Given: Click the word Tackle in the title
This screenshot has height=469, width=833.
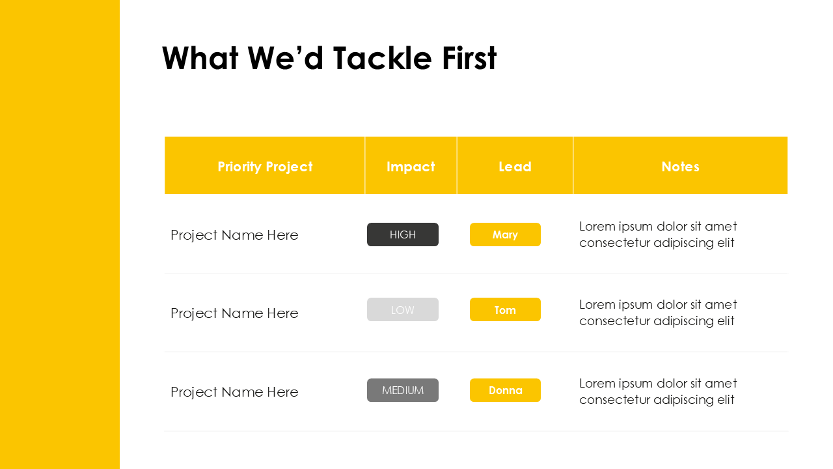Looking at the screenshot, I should [382, 59].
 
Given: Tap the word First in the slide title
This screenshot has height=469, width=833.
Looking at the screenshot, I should [469, 59].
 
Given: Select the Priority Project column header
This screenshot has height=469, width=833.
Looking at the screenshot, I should [265, 167].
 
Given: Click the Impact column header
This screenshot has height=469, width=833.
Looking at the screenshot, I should [411, 167].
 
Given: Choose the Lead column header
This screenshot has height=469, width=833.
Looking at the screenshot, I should [515, 167].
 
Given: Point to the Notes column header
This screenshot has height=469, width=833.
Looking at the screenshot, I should [680, 167].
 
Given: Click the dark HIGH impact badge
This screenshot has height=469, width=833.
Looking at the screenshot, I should [403, 234].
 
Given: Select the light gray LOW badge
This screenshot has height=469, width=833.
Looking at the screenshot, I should [403, 310].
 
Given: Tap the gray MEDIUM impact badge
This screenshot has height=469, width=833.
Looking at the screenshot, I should [403, 390].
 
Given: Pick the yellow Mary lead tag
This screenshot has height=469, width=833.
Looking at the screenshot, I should [505, 234].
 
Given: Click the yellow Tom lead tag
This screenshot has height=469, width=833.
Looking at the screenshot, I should [505, 310].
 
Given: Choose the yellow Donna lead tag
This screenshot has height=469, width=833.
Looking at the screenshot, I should [505, 390].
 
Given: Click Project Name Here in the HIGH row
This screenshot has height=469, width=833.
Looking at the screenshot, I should [234, 235].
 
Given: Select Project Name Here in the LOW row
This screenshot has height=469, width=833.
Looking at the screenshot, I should [234, 313].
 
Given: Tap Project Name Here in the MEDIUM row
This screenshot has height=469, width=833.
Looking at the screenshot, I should [234, 392].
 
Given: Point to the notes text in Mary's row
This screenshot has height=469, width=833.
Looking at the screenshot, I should [658, 234].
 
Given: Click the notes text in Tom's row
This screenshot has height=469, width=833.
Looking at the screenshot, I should [658, 313].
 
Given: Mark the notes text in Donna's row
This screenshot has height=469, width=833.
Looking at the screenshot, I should [658, 391].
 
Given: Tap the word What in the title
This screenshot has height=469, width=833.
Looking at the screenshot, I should [201, 59].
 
